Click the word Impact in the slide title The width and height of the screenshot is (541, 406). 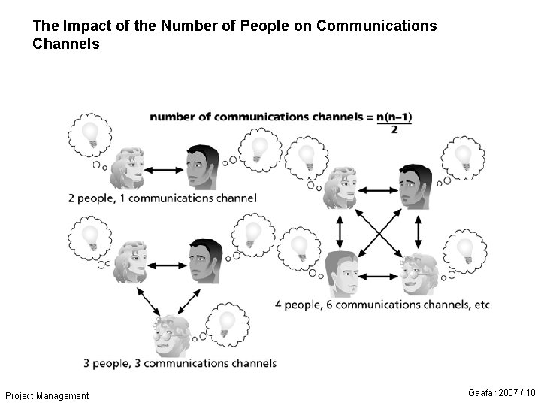coord(83,26)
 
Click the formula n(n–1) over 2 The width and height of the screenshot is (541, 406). coord(395,122)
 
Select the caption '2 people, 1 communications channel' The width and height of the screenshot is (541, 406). coord(162,198)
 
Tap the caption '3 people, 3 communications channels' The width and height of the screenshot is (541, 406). coord(180,363)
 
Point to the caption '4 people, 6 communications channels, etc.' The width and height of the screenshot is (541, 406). coord(383,304)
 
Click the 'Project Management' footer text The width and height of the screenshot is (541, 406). coord(47,396)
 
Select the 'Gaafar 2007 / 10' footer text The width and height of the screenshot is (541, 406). coord(501,393)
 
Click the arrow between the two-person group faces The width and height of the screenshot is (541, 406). coord(164,170)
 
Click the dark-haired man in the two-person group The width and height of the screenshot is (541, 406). coord(201,168)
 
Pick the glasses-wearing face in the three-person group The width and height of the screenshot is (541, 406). coord(171,335)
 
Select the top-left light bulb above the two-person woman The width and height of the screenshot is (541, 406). coord(90,134)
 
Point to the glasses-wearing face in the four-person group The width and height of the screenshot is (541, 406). coord(418,274)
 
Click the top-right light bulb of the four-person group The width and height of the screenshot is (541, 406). coord(463,156)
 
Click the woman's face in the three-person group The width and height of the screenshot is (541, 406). coord(129,262)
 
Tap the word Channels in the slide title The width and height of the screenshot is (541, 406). coord(65,44)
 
